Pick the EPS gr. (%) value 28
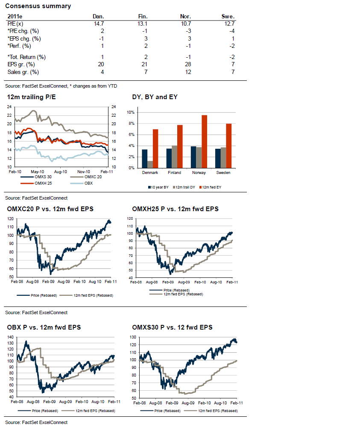click(188, 65)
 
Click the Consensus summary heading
click(38, 6)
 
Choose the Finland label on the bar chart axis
click(174, 173)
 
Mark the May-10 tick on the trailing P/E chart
click(38, 170)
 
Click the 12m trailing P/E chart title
click(32, 97)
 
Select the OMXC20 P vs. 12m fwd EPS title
click(51, 209)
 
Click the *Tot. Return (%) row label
click(26, 57)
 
